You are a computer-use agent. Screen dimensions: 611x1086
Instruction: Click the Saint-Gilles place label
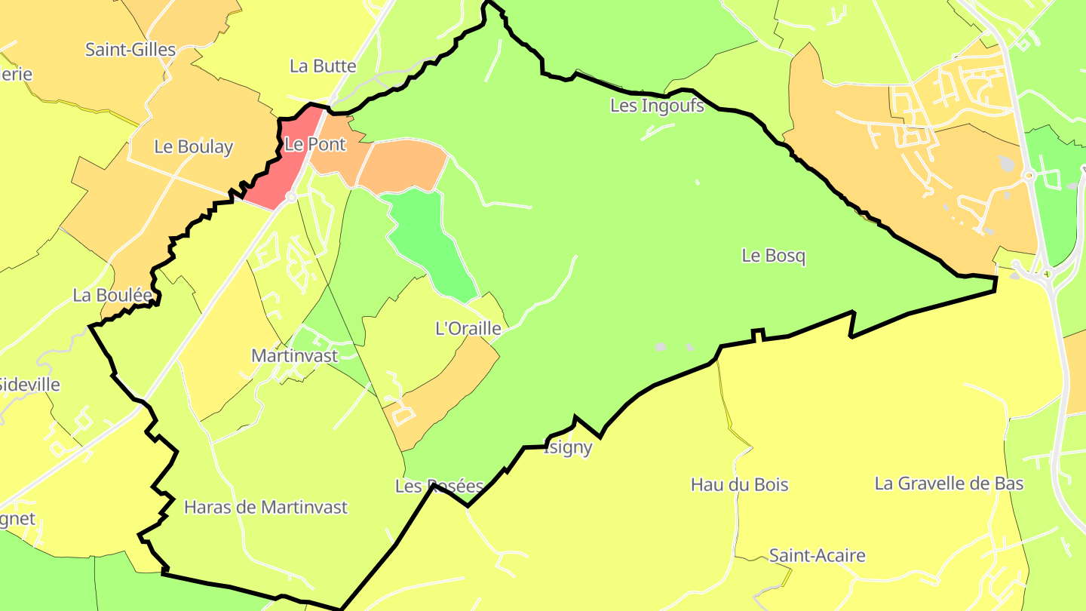[130, 50]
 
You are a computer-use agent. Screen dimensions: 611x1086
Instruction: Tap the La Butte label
[323, 66]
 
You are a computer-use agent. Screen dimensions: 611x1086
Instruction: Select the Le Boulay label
[193, 146]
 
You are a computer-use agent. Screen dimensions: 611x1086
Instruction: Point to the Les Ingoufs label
[657, 106]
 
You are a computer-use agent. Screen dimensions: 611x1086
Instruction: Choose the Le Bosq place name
[773, 256]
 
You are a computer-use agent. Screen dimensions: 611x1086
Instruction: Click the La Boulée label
[112, 295]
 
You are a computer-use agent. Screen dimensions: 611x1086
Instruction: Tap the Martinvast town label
[294, 355]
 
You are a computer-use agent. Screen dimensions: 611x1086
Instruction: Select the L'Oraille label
[468, 328]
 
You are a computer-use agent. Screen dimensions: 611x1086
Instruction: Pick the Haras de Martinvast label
[265, 507]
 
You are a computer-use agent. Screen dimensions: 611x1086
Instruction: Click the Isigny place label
[568, 447]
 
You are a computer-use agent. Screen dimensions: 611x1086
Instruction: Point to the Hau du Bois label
[739, 484]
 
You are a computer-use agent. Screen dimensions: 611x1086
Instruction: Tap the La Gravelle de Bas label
[949, 483]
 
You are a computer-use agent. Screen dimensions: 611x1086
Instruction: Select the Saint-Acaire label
[817, 556]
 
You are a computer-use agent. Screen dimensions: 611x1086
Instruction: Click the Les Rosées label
[439, 487]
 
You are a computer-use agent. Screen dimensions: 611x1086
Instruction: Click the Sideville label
[29, 384]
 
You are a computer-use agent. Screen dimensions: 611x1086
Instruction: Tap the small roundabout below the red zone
[291, 198]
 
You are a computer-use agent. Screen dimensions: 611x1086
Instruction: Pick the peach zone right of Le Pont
[403, 164]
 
